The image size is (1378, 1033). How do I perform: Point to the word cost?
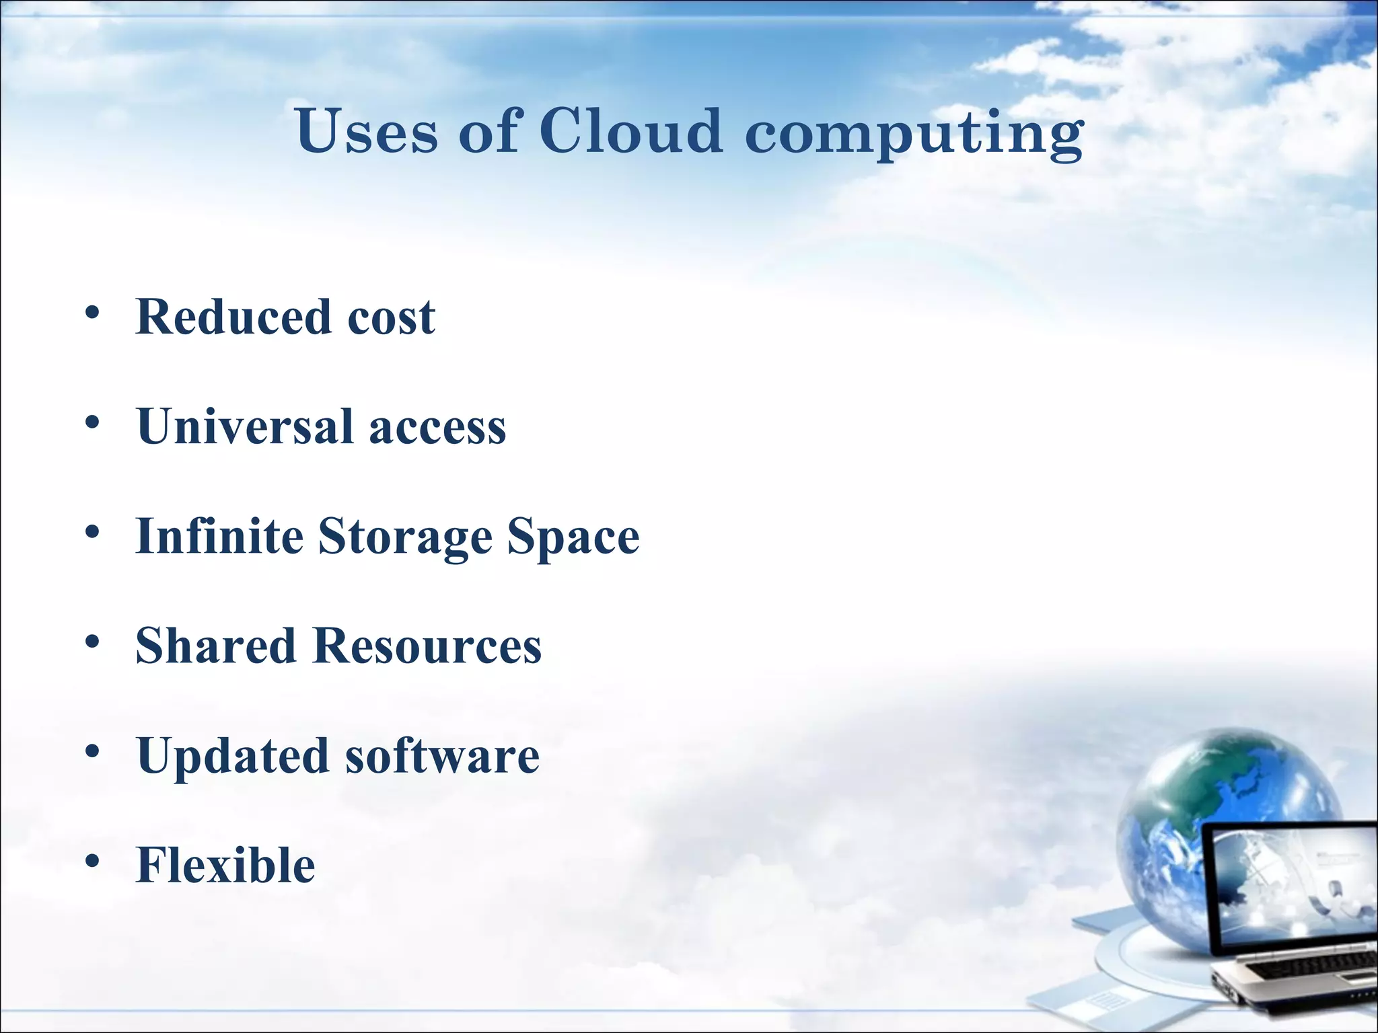(x=391, y=317)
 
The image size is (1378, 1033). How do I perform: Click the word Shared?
(x=216, y=646)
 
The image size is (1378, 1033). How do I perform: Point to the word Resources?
(x=427, y=646)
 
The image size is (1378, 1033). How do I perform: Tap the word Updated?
(x=233, y=756)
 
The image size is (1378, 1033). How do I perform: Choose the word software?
(x=442, y=756)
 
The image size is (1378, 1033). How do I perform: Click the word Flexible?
(x=225, y=865)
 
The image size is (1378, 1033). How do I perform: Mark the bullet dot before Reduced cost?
(x=93, y=313)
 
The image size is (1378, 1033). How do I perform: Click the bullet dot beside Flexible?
(x=93, y=861)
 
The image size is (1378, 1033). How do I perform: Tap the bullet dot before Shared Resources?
(x=93, y=642)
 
